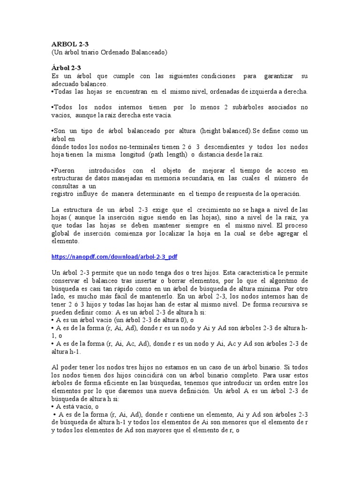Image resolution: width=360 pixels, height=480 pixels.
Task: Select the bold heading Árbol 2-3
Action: click(x=66, y=67)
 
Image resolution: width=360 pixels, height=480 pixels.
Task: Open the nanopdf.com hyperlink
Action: click(x=114, y=257)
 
